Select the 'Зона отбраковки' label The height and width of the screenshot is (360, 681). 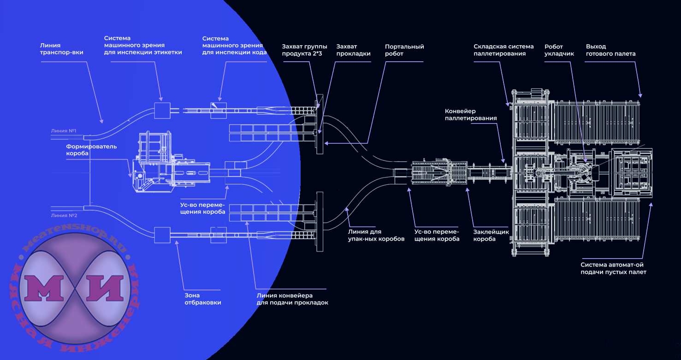tap(203, 299)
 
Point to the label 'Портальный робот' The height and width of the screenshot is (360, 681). tap(404, 50)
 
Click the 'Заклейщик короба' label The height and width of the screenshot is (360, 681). tap(491, 236)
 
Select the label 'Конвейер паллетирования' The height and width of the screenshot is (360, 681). tap(470, 115)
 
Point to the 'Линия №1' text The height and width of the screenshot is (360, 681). tap(64, 131)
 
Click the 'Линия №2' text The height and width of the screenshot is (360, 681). tap(64, 215)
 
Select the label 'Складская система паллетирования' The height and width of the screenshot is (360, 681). tap(503, 50)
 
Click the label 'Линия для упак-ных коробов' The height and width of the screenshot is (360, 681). tap(372, 235)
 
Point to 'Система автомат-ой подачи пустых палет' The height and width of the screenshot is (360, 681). tap(613, 268)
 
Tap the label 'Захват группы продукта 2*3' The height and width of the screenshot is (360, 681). tap(304, 50)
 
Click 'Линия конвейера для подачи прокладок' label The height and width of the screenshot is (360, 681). tap(292, 299)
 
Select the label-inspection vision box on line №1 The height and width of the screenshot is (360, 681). tap(162, 111)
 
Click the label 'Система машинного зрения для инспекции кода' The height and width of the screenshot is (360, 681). tap(234, 46)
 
